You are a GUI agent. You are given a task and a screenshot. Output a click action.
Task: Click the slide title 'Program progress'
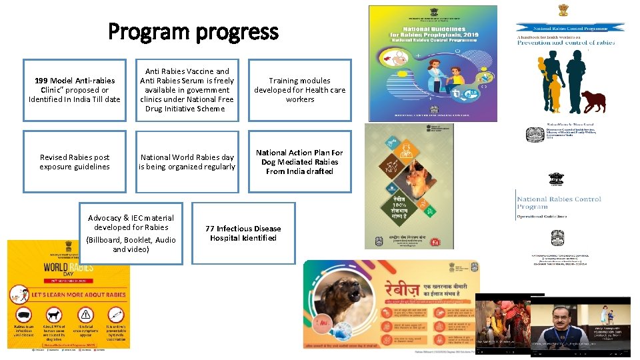pos(193,31)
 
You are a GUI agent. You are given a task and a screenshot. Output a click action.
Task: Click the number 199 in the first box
pos(42,81)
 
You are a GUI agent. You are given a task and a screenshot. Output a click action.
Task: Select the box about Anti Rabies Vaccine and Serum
pos(187,90)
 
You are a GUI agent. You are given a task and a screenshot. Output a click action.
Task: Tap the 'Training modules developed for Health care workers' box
pos(299,90)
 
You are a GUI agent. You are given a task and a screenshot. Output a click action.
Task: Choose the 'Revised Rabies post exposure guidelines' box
pos(74,162)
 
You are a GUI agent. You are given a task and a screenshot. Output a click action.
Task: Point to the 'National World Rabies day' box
pos(187,162)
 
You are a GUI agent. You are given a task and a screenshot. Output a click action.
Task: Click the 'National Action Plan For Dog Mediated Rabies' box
pos(299,162)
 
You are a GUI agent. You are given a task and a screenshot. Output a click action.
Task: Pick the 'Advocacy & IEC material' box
pos(131,233)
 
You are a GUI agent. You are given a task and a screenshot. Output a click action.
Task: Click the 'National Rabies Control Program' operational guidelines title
pos(559,203)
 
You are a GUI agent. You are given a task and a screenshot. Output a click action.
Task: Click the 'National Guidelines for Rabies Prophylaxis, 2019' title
pos(433,33)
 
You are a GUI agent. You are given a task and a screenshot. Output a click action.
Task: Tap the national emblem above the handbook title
pos(564,11)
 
